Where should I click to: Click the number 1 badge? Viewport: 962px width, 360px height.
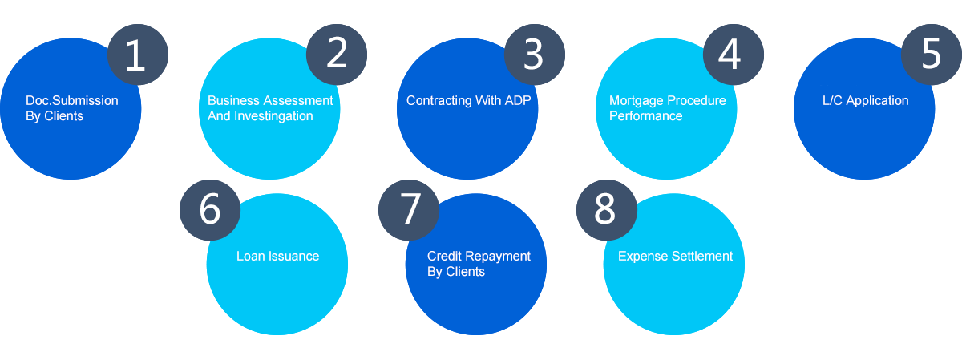pos(137,55)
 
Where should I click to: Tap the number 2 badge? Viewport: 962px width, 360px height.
pos(337,55)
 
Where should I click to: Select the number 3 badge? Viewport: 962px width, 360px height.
pos(534,55)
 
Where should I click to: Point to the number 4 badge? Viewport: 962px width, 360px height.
pos(733,55)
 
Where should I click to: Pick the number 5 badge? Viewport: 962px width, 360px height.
pos(931,55)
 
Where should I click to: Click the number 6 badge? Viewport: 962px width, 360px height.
pos(209,209)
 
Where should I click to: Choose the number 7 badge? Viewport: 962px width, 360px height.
pos(410,209)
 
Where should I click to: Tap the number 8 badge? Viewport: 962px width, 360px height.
pos(605,209)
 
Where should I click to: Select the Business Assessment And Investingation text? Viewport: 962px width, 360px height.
pos(270,108)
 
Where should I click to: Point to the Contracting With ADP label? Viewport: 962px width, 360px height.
pos(469,101)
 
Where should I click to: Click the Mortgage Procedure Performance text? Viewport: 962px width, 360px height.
pos(668,108)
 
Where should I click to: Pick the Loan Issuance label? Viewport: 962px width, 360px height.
pos(277,257)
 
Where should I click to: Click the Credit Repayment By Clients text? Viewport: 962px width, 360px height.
pos(479,264)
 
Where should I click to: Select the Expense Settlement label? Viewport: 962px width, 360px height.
pos(675,257)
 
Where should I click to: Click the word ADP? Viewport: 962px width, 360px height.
pos(517,101)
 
